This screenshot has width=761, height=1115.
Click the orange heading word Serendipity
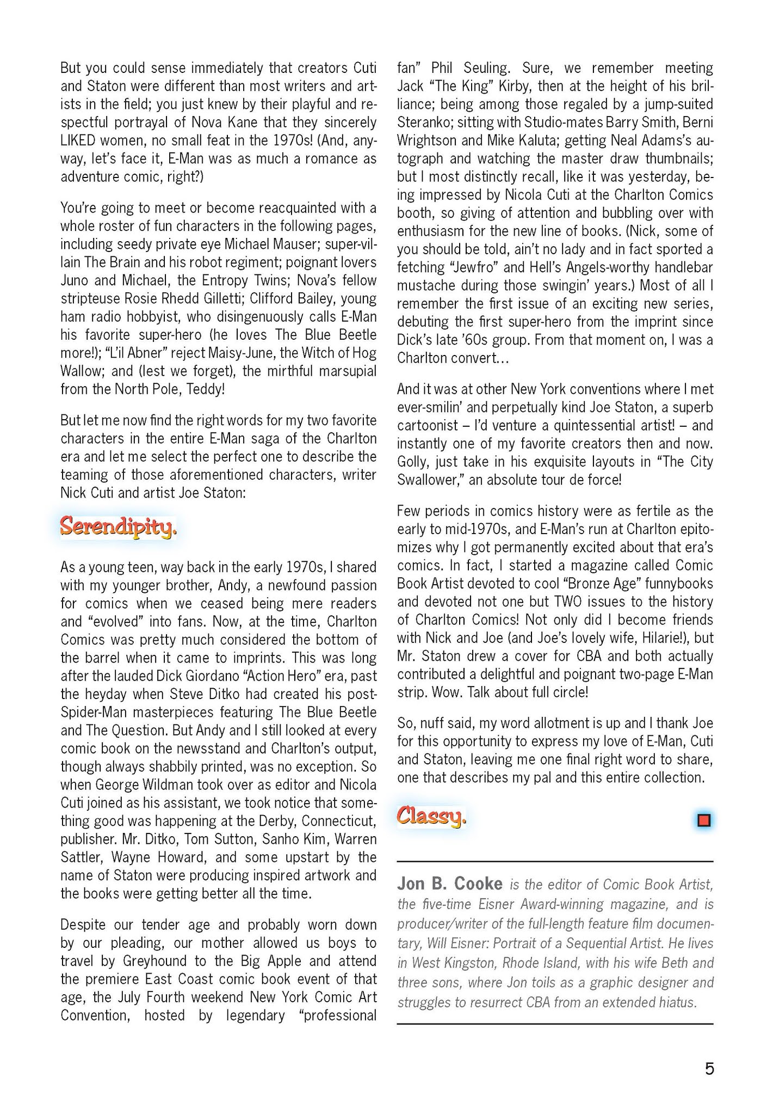click(x=118, y=527)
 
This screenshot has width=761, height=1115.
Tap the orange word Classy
click(x=431, y=816)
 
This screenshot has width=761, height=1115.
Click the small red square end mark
click(x=703, y=820)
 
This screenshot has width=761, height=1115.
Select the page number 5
click(x=709, y=1069)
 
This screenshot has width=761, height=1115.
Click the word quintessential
click(x=562, y=425)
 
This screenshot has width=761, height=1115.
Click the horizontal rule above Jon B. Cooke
click(x=554, y=861)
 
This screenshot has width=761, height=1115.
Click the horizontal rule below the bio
click(x=554, y=1024)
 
